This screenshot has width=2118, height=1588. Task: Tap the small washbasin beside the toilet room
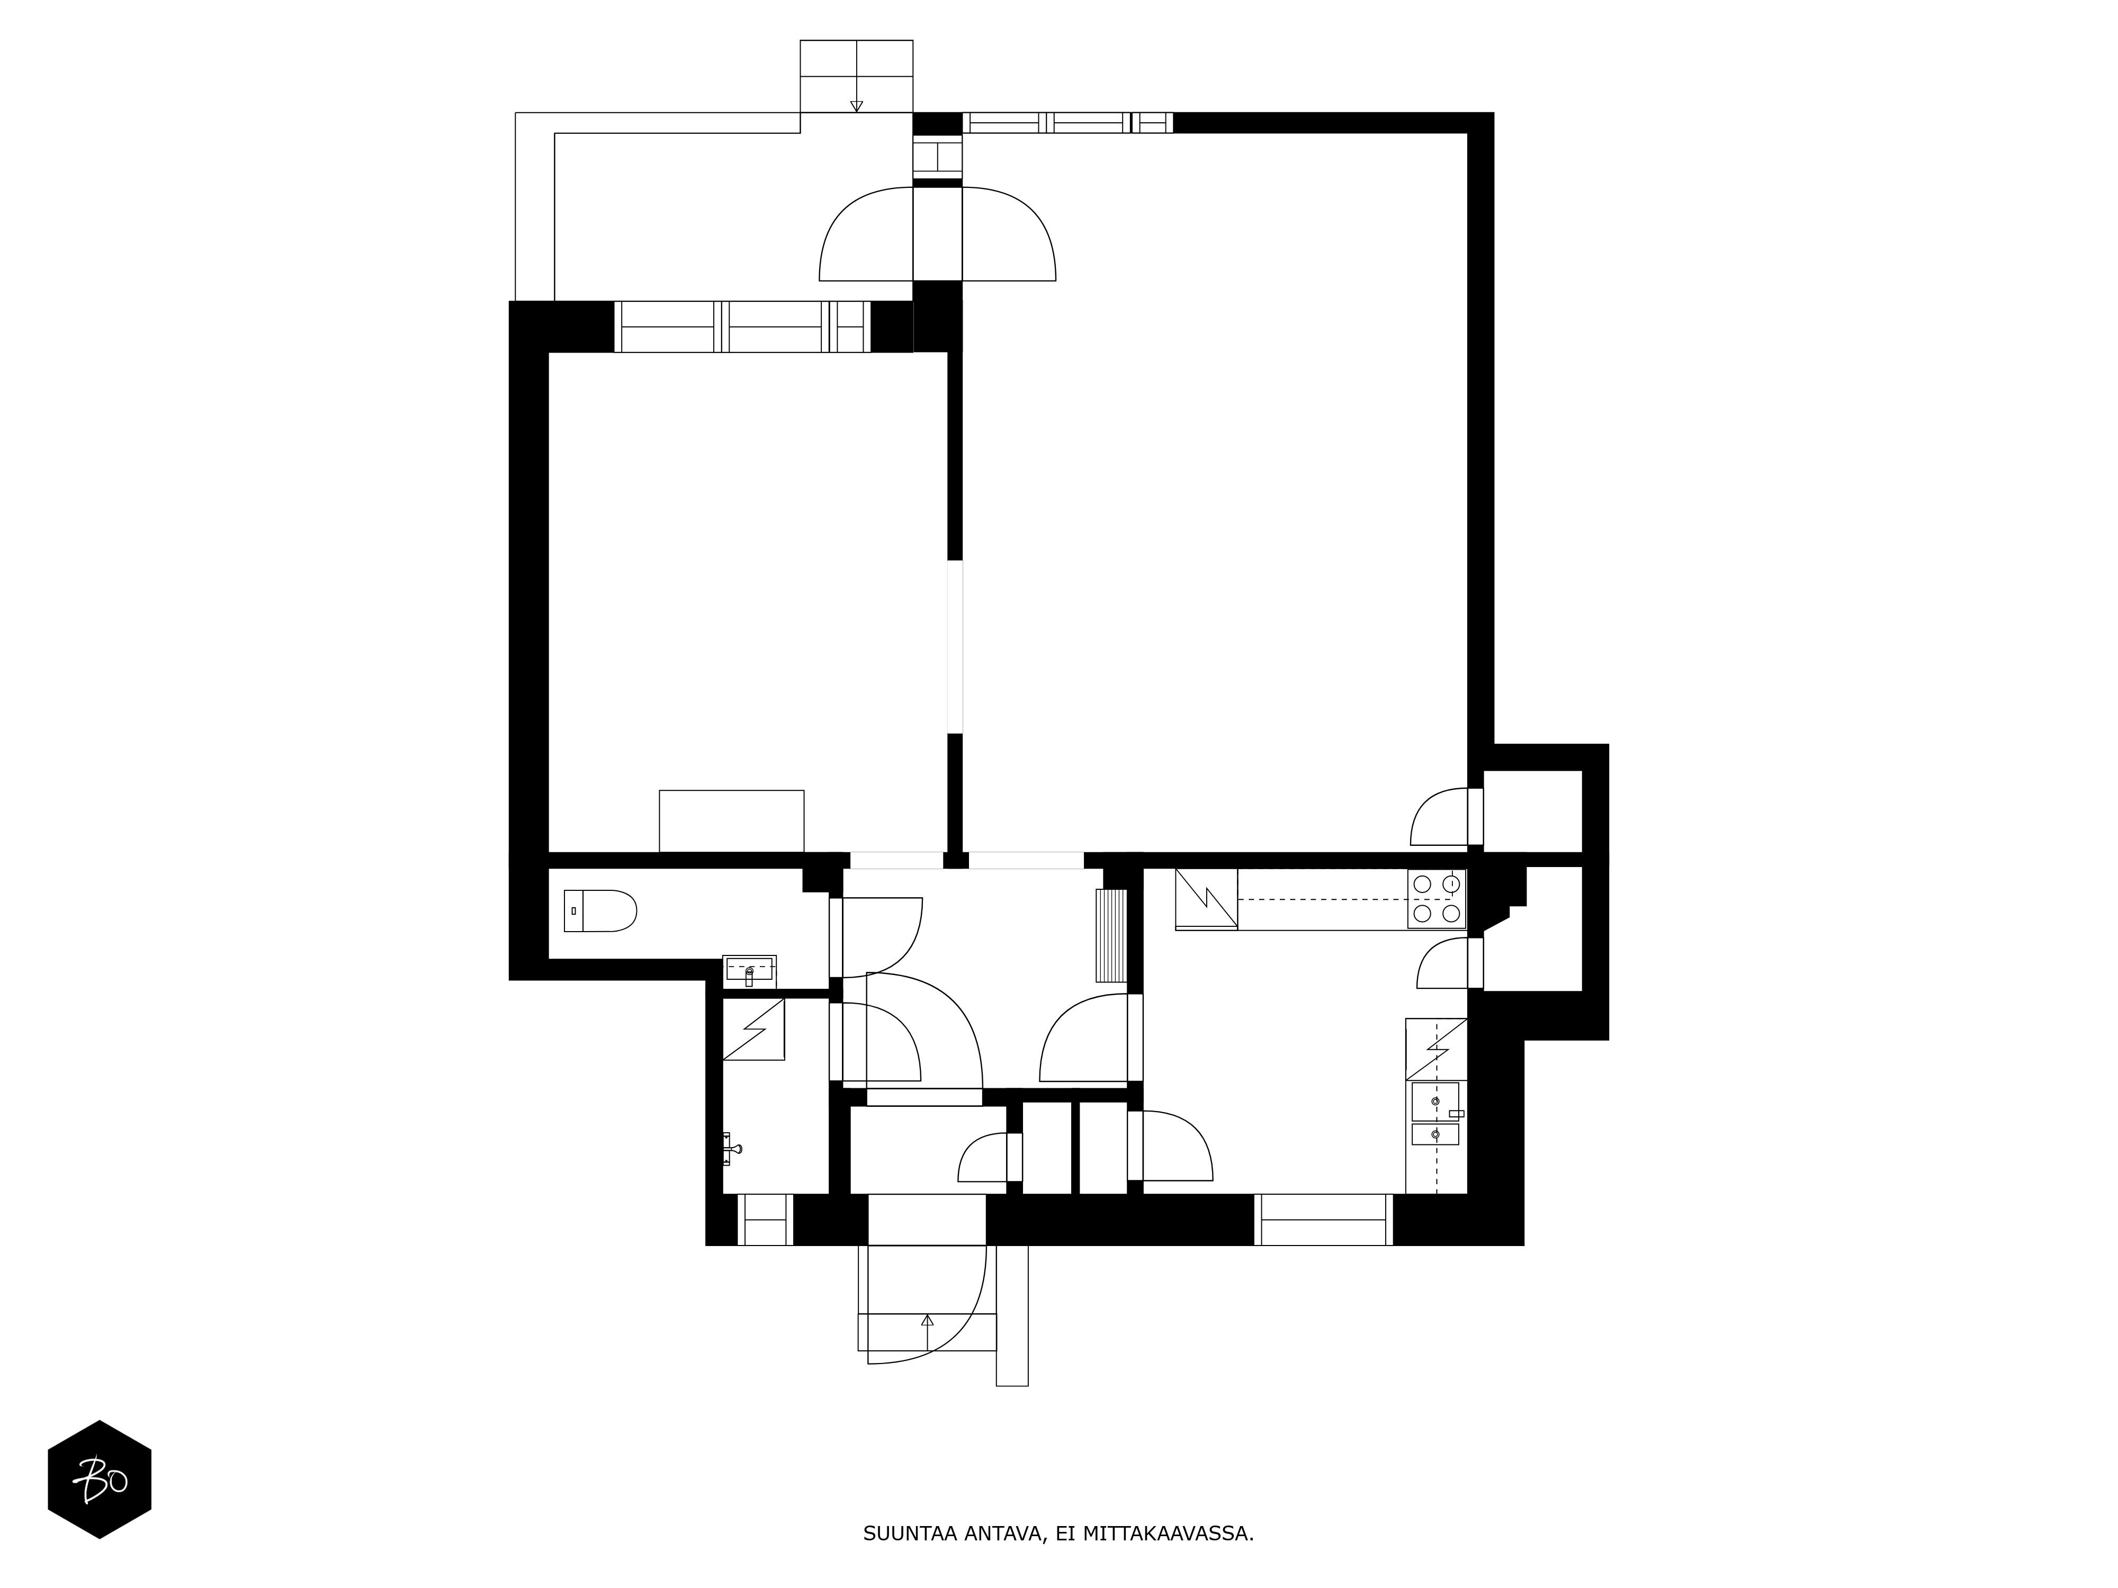[x=749, y=971]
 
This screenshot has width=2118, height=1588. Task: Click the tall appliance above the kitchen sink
[x=1436, y=1049]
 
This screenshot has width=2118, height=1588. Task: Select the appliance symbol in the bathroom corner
[x=753, y=1029]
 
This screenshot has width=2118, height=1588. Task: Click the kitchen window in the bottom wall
[x=1323, y=1220]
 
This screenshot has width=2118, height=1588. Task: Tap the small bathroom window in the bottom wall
[x=765, y=1220]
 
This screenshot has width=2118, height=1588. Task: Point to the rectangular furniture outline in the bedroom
[x=732, y=820]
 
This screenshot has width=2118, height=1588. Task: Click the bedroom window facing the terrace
[x=742, y=327]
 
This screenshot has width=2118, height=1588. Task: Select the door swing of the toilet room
[x=882, y=937]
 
